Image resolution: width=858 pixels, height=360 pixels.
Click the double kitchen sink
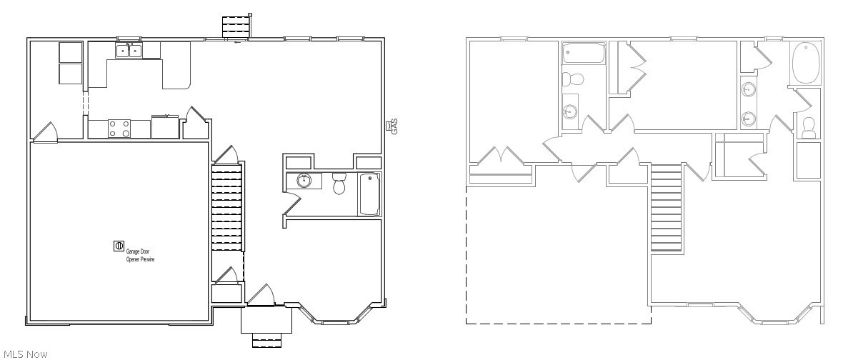tap(129, 51)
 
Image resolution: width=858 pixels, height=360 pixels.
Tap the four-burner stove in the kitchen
tap(119, 129)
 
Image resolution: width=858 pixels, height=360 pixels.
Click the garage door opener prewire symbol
tap(119, 246)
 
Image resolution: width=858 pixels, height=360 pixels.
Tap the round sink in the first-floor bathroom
tap(304, 180)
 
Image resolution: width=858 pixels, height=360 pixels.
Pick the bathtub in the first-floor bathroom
tap(369, 194)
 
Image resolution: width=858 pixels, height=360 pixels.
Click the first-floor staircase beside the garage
tap(228, 207)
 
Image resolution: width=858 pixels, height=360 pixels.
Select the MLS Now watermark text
tap(24, 354)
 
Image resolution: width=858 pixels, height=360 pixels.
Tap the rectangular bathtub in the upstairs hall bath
tap(584, 54)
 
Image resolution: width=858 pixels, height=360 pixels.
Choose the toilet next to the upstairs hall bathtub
tap(572, 79)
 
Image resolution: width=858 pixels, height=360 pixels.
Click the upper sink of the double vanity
tap(749, 89)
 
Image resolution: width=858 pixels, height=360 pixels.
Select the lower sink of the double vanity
tap(749, 118)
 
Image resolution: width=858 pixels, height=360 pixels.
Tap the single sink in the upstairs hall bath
tap(570, 111)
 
